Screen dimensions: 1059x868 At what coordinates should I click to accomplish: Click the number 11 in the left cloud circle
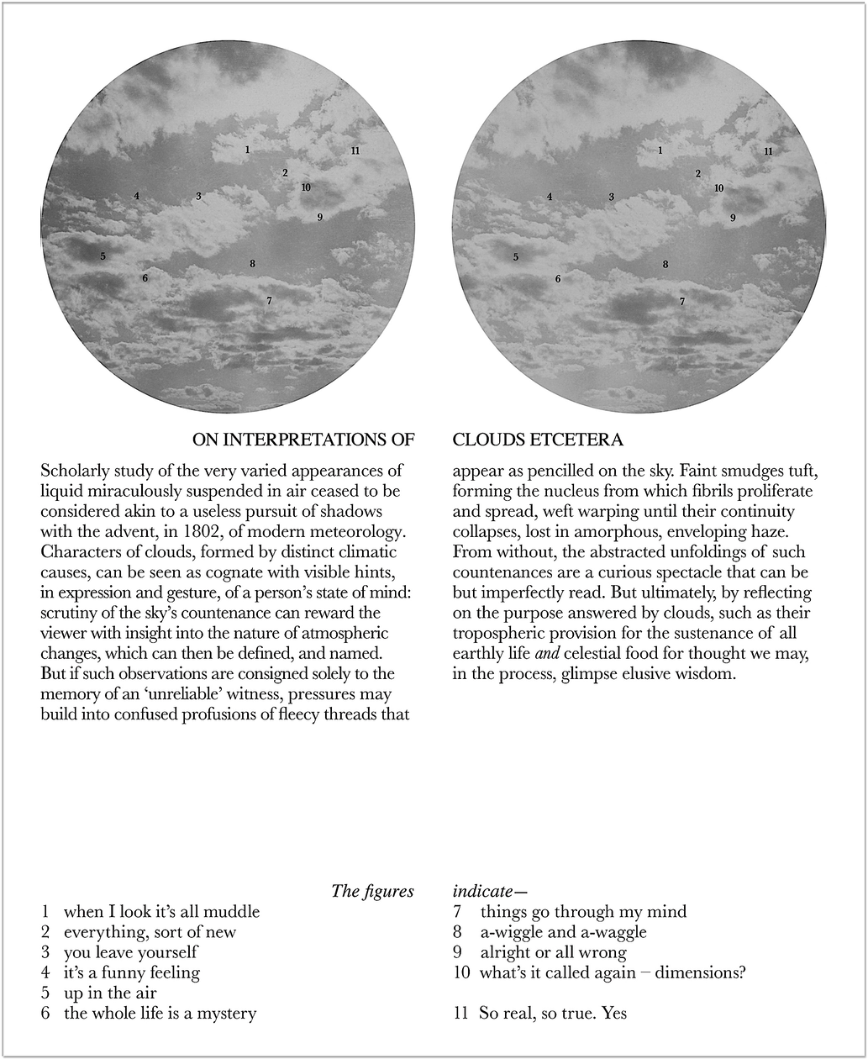pyautogui.click(x=355, y=151)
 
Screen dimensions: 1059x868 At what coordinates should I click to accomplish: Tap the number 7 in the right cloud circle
pyautogui.click(x=682, y=301)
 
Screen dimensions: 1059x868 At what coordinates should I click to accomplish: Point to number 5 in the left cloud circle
pyautogui.click(x=103, y=256)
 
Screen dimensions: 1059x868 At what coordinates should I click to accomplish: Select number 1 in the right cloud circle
pyautogui.click(x=660, y=151)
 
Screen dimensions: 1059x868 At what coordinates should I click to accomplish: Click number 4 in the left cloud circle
pyautogui.click(x=136, y=197)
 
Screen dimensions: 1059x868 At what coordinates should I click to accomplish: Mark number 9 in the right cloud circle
pyautogui.click(x=733, y=218)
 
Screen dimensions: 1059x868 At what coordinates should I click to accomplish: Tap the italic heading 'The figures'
pyautogui.click(x=372, y=891)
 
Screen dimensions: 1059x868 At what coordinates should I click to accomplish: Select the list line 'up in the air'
pyautogui.click(x=110, y=993)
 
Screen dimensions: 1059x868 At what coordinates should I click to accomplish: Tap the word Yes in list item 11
pyautogui.click(x=614, y=1014)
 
